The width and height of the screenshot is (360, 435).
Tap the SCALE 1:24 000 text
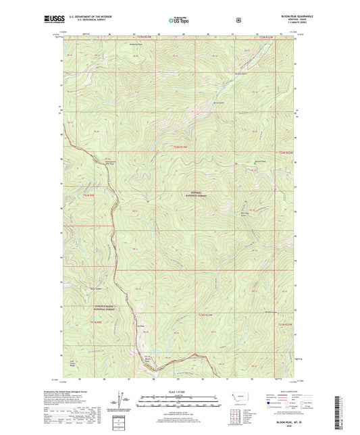tap(179, 392)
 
